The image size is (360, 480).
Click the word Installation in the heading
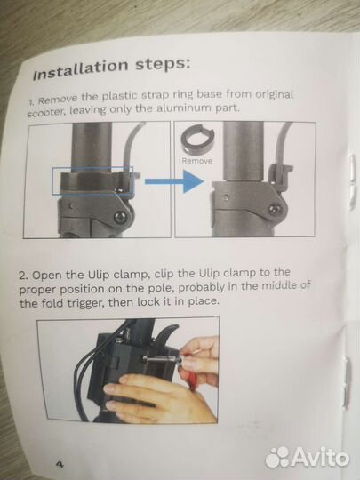pos(80,70)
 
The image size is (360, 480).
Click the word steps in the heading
pos(163,65)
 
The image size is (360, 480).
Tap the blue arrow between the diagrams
pos(174,181)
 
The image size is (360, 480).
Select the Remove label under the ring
pos(196,161)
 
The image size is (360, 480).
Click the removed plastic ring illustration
pos(196,138)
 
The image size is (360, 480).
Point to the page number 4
pos(60,464)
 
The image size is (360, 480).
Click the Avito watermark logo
pos(307,458)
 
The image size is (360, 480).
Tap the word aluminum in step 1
pos(181,108)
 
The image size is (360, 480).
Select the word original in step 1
pos(275,94)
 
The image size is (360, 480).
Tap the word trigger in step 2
pos(81,303)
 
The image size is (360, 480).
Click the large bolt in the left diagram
pos(121,218)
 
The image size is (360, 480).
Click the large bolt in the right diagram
pos(274,210)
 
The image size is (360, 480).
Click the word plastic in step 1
pos(120,96)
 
